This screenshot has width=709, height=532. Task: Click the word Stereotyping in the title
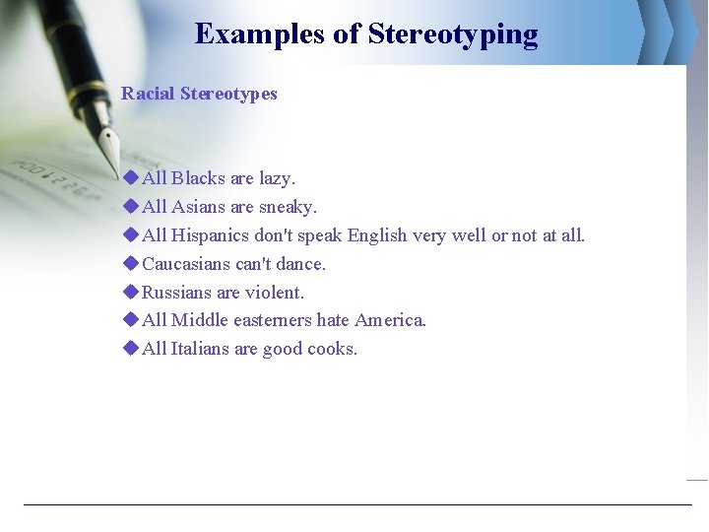(453, 34)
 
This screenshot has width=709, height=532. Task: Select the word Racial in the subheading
(147, 94)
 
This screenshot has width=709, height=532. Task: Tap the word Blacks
(199, 178)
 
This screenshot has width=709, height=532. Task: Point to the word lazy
(277, 178)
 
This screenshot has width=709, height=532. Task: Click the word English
(378, 235)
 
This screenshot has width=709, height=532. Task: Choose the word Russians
(176, 293)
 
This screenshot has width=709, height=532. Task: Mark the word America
(391, 320)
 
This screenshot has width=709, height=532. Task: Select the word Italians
(202, 349)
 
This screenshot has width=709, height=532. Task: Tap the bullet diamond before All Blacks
(131, 178)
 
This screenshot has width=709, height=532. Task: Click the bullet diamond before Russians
(131, 293)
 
